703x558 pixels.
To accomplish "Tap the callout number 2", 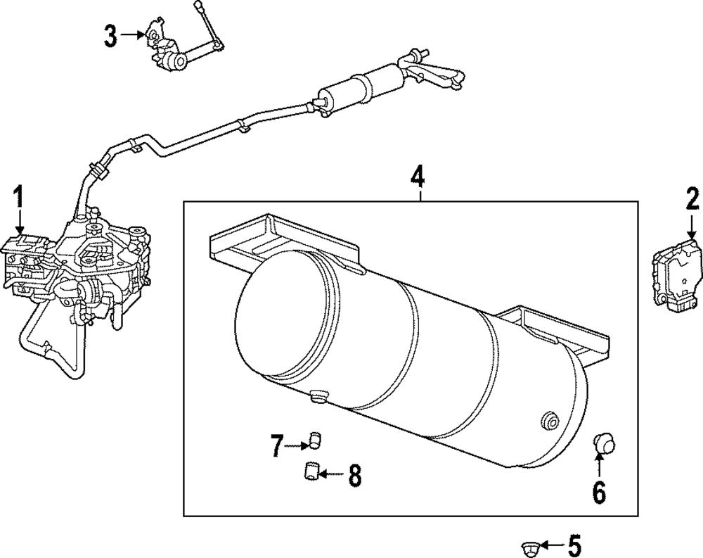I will (692, 200).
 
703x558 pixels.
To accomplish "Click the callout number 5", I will (574, 545).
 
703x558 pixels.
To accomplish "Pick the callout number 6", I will (598, 493).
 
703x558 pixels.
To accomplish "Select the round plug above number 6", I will (602, 443).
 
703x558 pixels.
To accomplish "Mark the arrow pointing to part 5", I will (552, 545).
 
